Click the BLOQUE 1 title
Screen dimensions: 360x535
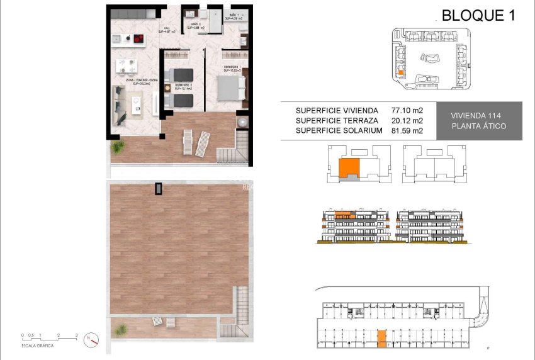point(478,16)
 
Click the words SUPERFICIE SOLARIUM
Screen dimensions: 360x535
point(339,131)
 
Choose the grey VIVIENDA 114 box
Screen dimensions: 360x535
point(479,121)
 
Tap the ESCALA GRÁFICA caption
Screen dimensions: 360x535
point(38,346)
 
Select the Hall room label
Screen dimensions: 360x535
point(167,30)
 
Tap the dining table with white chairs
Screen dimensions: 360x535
point(128,65)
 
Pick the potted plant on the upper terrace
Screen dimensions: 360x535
point(117,147)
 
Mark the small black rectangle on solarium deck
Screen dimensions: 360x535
point(159,188)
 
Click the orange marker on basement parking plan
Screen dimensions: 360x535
point(381,338)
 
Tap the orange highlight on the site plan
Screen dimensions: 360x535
point(400,73)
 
